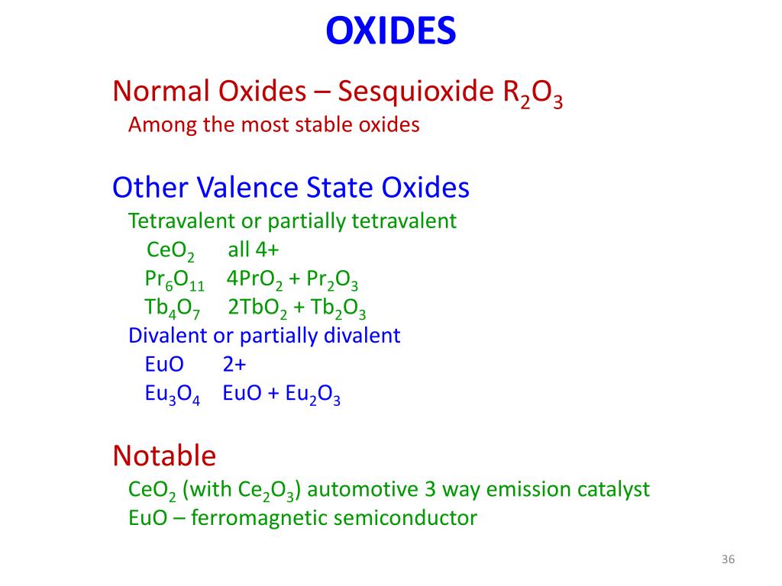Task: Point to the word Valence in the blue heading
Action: [x=248, y=187]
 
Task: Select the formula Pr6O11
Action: [x=174, y=280]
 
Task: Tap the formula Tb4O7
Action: [x=172, y=308]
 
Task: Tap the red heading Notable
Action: [x=164, y=456]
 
